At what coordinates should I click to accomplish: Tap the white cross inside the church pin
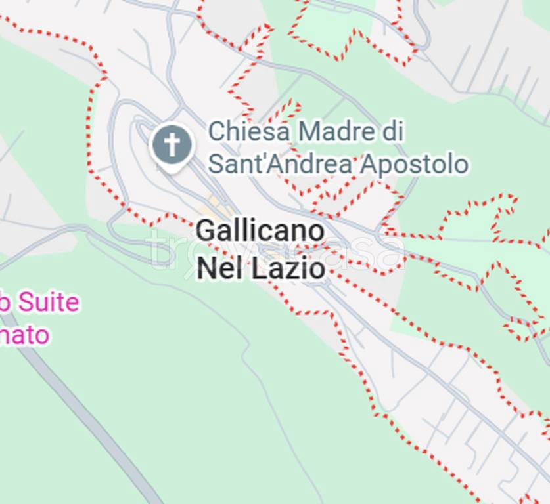pyautogui.click(x=172, y=144)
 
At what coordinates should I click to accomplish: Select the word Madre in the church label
pyautogui.click(x=332, y=131)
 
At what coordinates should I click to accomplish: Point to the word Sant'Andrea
pyautogui.click(x=280, y=164)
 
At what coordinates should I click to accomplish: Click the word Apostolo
pyautogui.click(x=413, y=165)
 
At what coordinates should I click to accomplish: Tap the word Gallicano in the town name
pyautogui.click(x=260, y=231)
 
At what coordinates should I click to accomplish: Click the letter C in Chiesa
pyautogui.click(x=217, y=131)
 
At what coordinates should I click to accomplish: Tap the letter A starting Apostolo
pyautogui.click(x=369, y=164)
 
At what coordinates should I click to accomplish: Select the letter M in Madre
pyautogui.click(x=308, y=131)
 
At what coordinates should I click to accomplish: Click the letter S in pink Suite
pyautogui.click(x=24, y=303)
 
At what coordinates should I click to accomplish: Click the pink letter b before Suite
pyautogui.click(x=4, y=303)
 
